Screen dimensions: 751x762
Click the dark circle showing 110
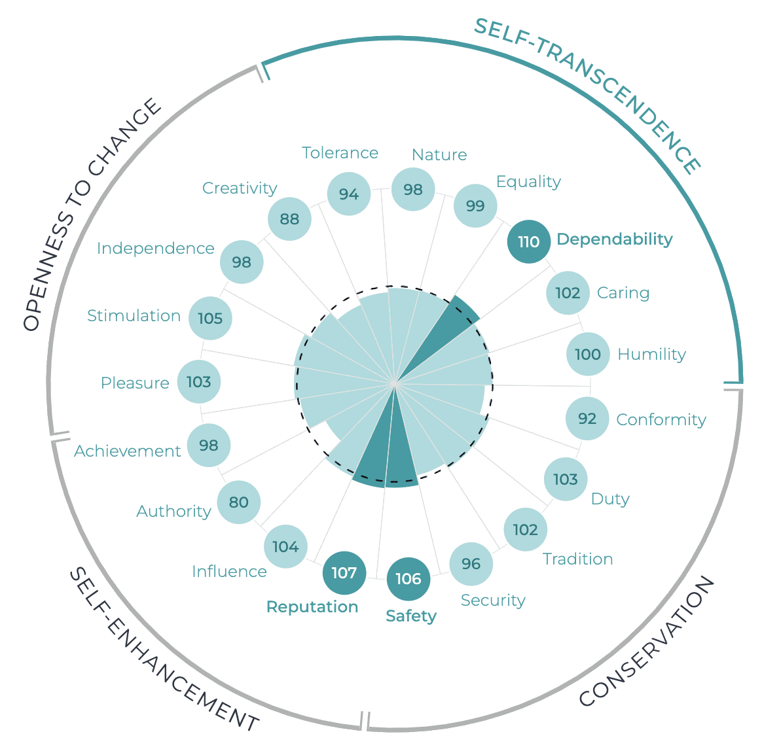click(529, 242)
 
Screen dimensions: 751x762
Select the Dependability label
click(614, 239)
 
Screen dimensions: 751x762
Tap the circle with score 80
click(239, 502)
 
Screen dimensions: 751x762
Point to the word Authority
click(173, 512)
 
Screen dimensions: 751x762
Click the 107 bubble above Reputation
click(344, 574)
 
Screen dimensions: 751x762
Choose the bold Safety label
click(411, 616)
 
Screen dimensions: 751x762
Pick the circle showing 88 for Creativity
click(289, 219)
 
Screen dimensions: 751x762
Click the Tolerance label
click(340, 153)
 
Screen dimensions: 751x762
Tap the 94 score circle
click(349, 194)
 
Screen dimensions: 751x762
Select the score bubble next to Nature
click(413, 190)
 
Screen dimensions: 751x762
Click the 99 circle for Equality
click(475, 206)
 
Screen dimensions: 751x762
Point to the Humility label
click(651, 355)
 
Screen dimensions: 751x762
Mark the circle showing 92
click(587, 419)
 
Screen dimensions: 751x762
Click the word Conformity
click(661, 420)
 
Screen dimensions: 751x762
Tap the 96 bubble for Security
click(471, 564)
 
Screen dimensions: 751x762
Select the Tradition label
click(577, 559)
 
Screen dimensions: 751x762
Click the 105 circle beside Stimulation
click(210, 319)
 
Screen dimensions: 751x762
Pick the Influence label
click(229, 572)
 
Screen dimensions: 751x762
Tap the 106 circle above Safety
click(408, 579)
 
